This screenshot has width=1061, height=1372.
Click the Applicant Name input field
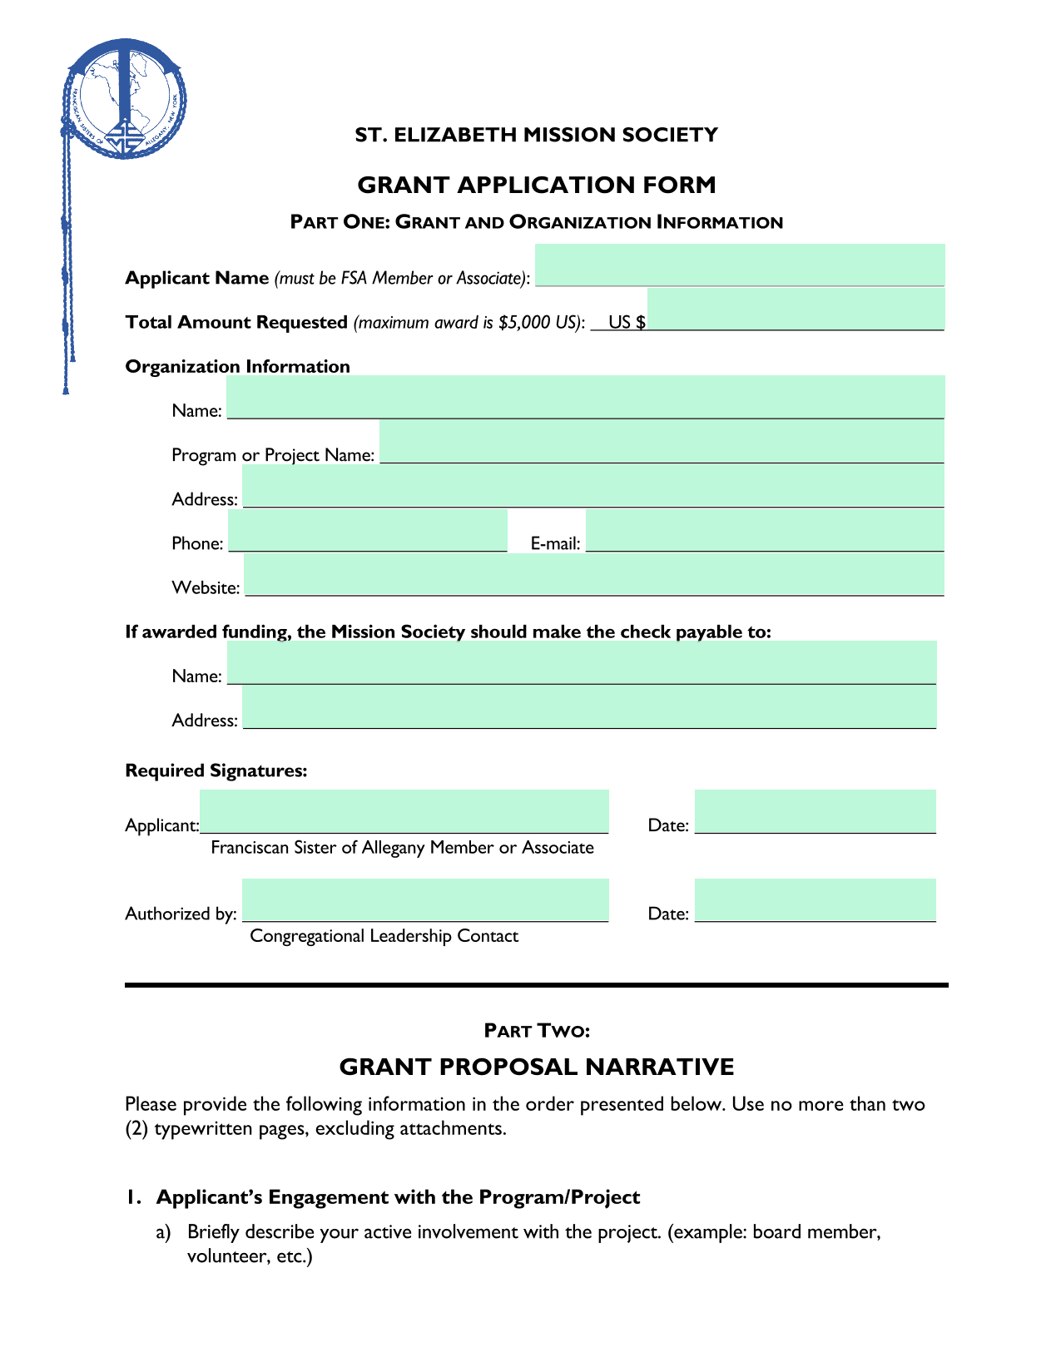coord(739,266)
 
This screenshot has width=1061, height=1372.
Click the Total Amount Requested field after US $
coord(796,310)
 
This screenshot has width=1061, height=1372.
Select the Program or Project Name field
coord(662,442)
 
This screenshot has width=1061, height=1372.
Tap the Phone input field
coord(367,531)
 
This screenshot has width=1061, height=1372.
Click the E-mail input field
coord(765,531)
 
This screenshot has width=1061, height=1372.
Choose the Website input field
coord(594,575)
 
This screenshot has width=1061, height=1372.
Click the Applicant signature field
coord(404,812)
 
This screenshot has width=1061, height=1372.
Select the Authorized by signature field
coord(425,900)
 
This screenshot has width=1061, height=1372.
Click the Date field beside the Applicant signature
coord(815,812)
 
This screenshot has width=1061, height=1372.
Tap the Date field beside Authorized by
coord(815,900)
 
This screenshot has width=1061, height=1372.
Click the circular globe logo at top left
coord(125,98)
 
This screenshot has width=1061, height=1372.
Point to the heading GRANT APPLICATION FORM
coord(536,185)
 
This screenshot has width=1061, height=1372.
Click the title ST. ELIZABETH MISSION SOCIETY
coord(536,135)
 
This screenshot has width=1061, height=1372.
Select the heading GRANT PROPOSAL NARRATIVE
coord(536,1067)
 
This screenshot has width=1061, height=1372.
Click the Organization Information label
coord(237,367)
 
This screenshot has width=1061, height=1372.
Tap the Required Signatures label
coord(216,771)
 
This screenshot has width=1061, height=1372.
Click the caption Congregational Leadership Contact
coord(384,936)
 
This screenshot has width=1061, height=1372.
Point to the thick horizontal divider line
coord(536,985)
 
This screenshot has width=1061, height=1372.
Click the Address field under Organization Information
coord(593,486)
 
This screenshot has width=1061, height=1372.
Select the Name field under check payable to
coord(582,663)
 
